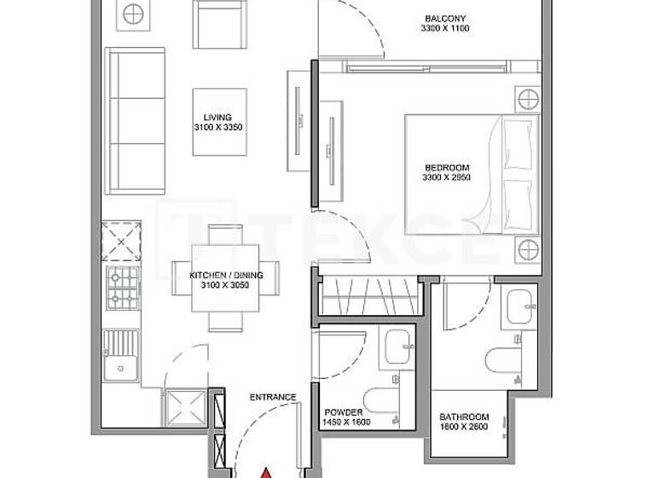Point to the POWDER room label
point(343,411)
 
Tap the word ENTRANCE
point(273,397)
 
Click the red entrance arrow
point(265,470)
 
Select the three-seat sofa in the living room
point(134,121)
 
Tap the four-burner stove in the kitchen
point(122,289)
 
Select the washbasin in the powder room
point(396,347)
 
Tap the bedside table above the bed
point(527,99)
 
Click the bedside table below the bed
point(527,250)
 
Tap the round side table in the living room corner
point(132,13)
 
